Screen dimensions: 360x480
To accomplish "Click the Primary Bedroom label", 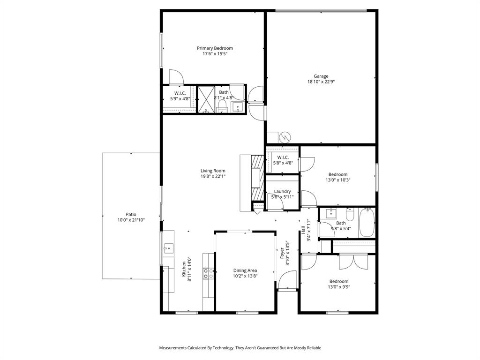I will pyautogui.click(x=215, y=48).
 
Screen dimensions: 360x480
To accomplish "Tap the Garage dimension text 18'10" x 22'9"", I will pyautogui.click(x=321, y=82).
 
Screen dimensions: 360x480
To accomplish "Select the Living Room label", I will pyautogui.click(x=213, y=171).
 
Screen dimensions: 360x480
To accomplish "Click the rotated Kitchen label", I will pyautogui.click(x=183, y=269).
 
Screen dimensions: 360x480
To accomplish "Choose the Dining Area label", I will pyautogui.click(x=245, y=270).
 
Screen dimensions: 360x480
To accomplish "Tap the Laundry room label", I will pyautogui.click(x=282, y=191).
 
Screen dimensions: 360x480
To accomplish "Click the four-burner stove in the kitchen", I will pyautogui.click(x=208, y=273).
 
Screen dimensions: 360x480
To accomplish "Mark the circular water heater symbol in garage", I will pyautogui.click(x=285, y=137).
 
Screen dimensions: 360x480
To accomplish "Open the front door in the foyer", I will pyautogui.click(x=287, y=281).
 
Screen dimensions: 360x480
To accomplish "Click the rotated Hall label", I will pyautogui.click(x=303, y=230).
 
